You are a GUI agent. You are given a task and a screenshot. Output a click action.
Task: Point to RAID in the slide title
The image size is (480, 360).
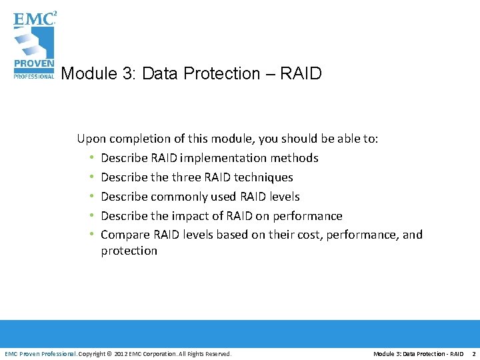301,73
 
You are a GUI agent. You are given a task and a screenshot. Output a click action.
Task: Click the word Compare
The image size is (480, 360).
123,235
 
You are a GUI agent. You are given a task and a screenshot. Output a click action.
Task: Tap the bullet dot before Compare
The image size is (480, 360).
91,235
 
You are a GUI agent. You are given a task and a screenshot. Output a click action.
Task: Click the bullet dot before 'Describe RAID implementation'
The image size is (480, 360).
91,158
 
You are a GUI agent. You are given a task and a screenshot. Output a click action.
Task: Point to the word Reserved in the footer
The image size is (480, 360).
217,353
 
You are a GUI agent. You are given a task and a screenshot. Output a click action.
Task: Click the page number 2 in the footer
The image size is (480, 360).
473,353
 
